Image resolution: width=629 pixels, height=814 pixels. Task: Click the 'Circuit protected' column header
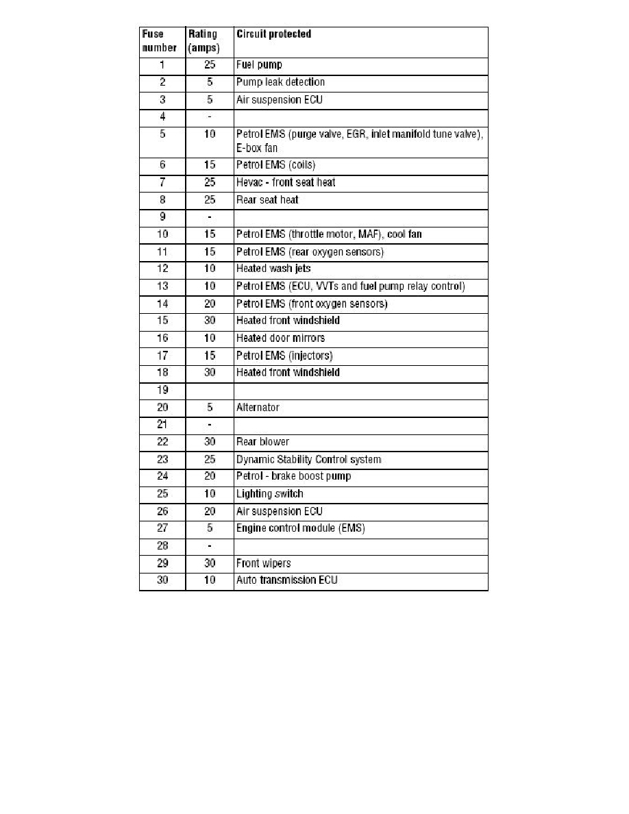pyautogui.click(x=273, y=34)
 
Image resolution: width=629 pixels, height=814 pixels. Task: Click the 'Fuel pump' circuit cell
pyautogui.click(x=259, y=65)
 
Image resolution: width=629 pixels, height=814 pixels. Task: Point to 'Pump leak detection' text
pyautogui.click(x=280, y=82)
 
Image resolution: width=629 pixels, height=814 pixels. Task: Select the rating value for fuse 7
pyautogui.click(x=209, y=183)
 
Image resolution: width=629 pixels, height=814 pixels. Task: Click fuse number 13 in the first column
pyautogui.click(x=162, y=286)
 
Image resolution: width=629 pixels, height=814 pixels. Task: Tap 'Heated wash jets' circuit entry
pyautogui.click(x=273, y=269)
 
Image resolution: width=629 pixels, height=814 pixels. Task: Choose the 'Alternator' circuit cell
pyautogui.click(x=258, y=408)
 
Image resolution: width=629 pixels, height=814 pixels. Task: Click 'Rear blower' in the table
pyautogui.click(x=262, y=442)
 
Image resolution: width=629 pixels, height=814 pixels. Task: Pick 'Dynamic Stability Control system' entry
pyautogui.click(x=308, y=459)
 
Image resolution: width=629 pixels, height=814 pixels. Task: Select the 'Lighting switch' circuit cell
pyautogui.click(x=269, y=494)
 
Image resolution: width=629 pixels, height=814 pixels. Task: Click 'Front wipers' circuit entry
pyautogui.click(x=263, y=563)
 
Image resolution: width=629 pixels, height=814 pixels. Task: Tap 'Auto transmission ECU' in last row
pyautogui.click(x=286, y=580)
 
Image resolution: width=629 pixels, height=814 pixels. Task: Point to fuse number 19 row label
pyautogui.click(x=162, y=391)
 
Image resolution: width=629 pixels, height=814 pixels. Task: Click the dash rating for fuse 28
pyautogui.click(x=209, y=546)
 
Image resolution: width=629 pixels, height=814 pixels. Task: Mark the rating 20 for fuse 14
pyautogui.click(x=209, y=304)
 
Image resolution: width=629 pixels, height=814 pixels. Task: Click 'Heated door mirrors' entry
pyautogui.click(x=280, y=338)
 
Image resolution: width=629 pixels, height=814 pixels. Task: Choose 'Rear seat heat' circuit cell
pyautogui.click(x=267, y=200)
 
